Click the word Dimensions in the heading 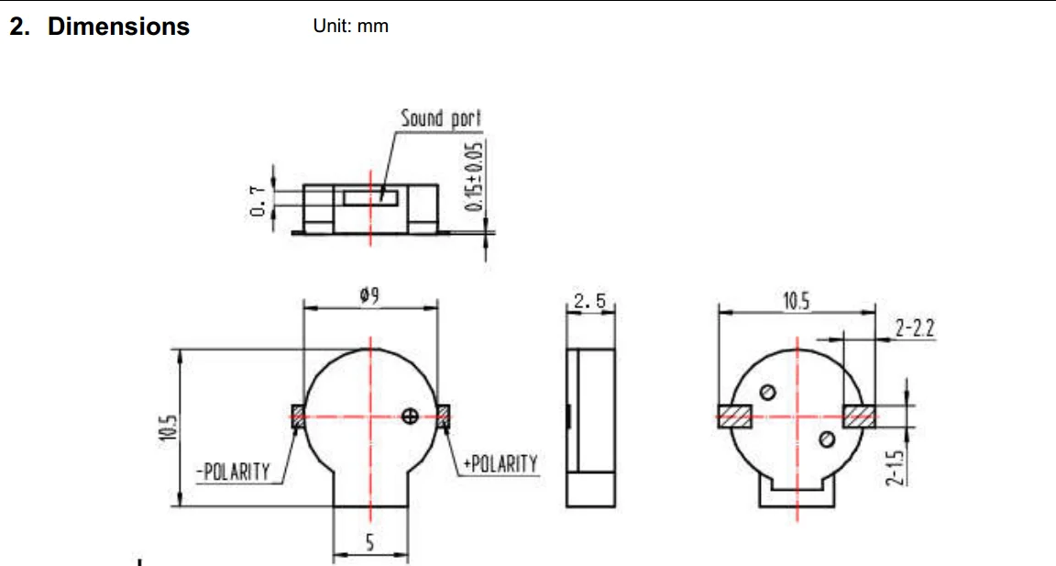(118, 27)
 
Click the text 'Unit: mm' (350, 27)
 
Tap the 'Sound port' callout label (441, 118)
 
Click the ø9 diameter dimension (369, 295)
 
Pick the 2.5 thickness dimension (590, 301)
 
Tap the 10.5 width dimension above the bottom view (796, 301)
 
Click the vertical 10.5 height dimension (169, 427)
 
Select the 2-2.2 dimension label (915, 328)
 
